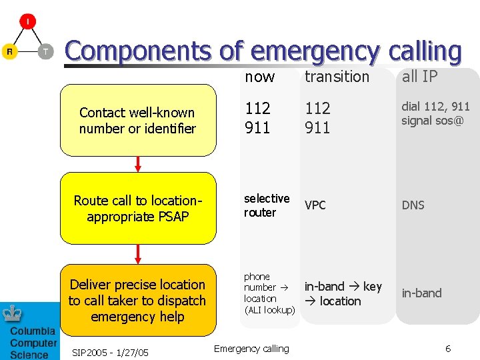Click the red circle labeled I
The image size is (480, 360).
[x=27, y=22]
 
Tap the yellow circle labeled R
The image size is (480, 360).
[x=9, y=52]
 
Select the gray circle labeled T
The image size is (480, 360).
[x=45, y=52]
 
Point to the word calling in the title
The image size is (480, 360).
[x=413, y=51]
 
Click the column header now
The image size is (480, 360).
[x=259, y=77]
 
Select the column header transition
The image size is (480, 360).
[x=337, y=77]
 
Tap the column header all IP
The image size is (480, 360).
[x=419, y=77]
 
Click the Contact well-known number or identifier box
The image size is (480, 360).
[x=138, y=121]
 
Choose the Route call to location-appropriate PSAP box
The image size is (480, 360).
[x=138, y=208]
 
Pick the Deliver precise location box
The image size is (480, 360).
[x=138, y=300]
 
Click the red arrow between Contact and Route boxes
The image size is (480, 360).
[x=139, y=164]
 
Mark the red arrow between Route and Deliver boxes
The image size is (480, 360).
[x=139, y=253]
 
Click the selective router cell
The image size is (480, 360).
[x=267, y=205]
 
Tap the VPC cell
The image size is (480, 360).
[x=315, y=205]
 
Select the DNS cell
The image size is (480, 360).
[x=413, y=205]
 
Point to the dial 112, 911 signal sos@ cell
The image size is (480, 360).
[x=435, y=113]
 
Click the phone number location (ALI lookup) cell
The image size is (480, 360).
[x=269, y=293]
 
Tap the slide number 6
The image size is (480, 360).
[x=448, y=349]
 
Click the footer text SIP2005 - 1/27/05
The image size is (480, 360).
[x=111, y=352]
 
